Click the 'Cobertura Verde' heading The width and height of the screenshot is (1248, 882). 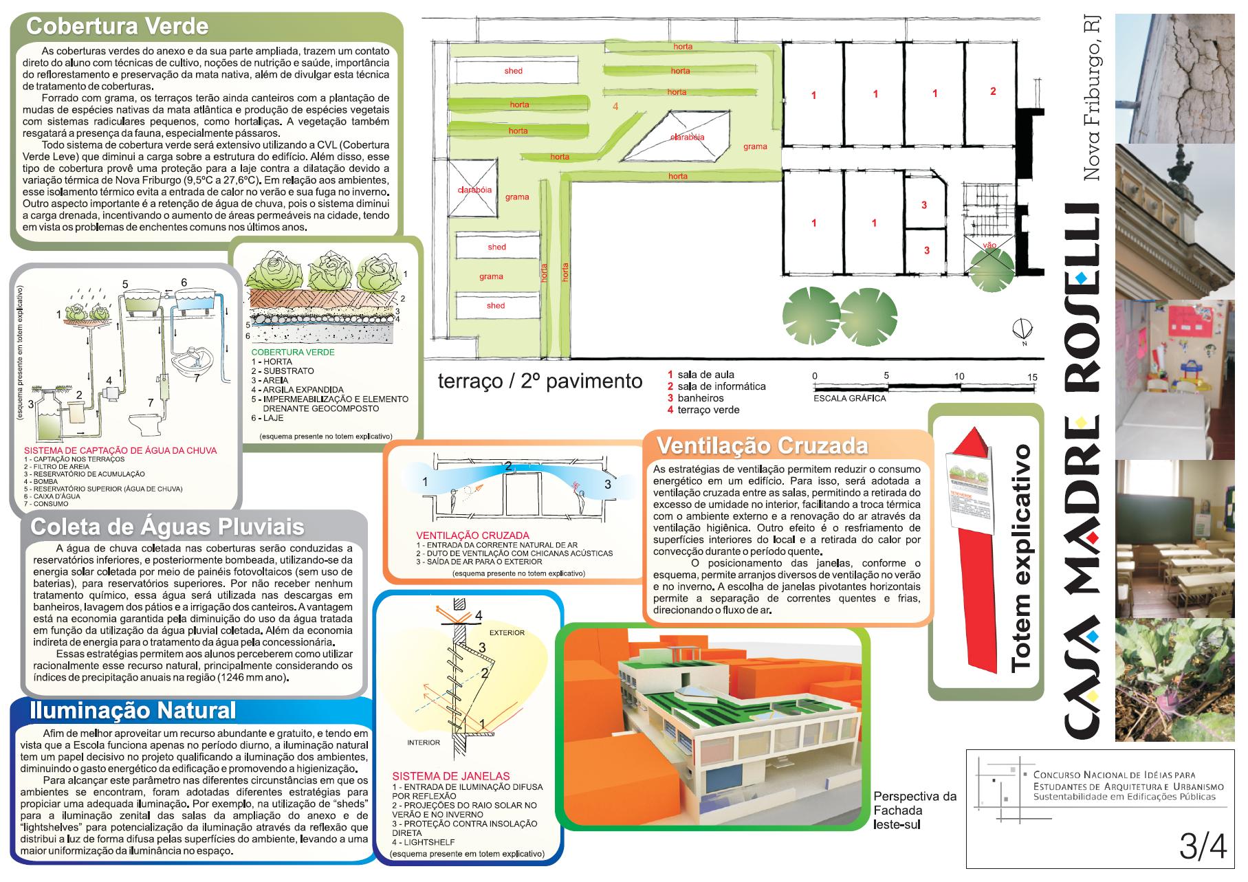coord(117,27)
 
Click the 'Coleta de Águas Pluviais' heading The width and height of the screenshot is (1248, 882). coord(167,527)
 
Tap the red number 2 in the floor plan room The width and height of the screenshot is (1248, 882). coord(993,91)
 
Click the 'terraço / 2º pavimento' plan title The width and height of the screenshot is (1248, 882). coord(540,382)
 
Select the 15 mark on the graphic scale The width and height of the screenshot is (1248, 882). coord(1032,376)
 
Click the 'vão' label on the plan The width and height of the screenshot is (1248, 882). coord(990,245)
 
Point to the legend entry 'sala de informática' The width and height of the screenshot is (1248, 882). coord(721,386)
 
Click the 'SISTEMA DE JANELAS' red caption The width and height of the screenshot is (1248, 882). coord(450,776)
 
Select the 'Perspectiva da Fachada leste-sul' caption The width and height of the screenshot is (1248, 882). coord(915,811)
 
